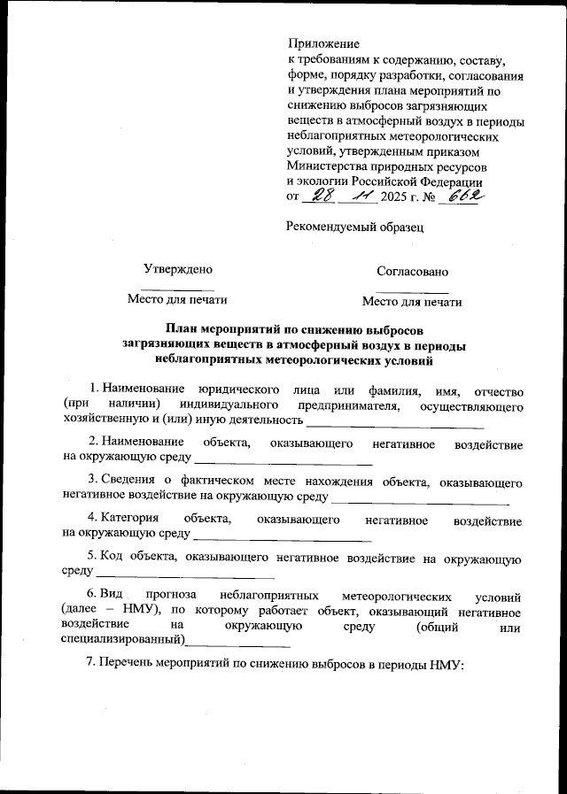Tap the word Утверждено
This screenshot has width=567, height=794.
(x=178, y=269)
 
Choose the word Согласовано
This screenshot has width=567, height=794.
(x=412, y=271)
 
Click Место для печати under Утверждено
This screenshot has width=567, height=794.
(x=178, y=300)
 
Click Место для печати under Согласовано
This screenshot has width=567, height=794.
(x=412, y=302)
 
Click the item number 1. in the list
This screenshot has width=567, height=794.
(x=96, y=389)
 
